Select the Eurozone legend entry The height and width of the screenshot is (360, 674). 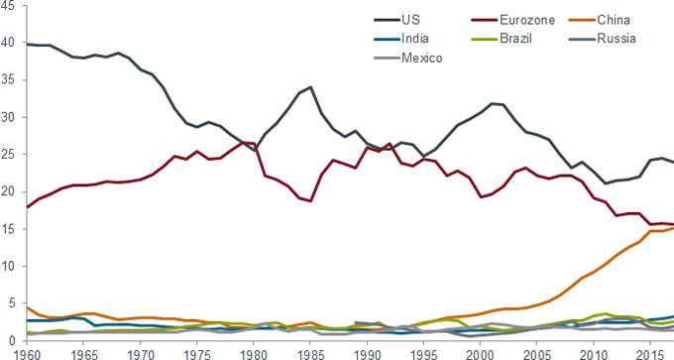(503, 20)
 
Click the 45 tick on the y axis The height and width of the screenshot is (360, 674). (9, 8)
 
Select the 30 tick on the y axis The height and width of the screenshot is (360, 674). (9, 117)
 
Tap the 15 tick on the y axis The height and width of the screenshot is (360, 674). (9, 228)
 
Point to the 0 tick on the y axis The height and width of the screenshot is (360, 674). (12, 339)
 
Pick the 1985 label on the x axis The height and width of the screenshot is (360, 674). (311, 353)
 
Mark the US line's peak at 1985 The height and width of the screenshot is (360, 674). (311, 87)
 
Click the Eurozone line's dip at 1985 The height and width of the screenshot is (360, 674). (311, 201)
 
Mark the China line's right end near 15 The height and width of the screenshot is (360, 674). (673, 227)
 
